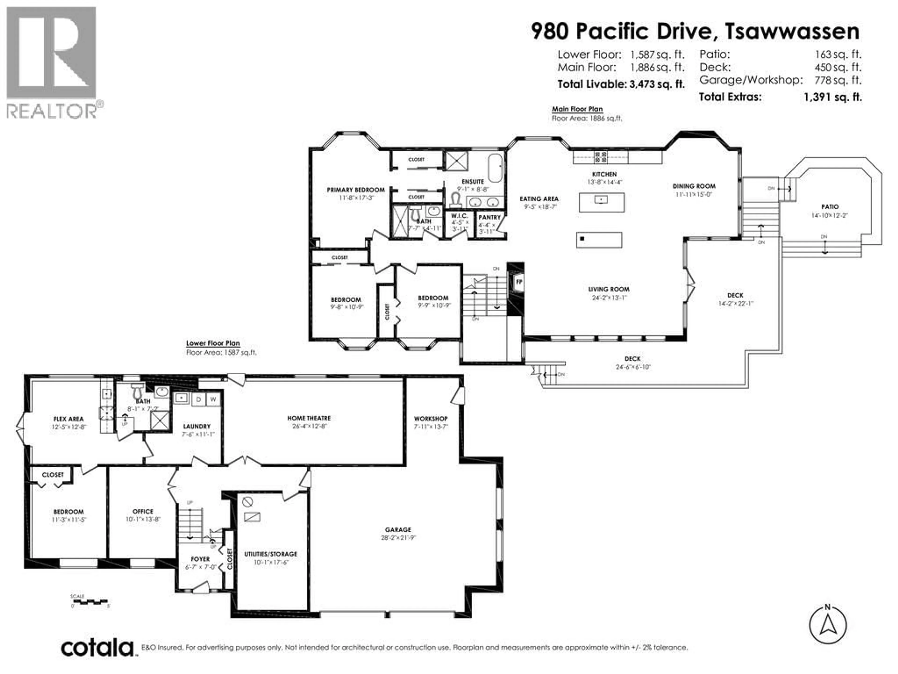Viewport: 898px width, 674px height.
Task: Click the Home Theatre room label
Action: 309,418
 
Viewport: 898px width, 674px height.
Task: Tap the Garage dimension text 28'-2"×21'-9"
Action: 398,538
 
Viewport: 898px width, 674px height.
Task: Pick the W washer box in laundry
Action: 213,399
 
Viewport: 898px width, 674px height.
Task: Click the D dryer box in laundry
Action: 199,399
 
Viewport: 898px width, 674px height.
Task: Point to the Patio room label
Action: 829,207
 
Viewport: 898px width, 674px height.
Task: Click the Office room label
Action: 143,512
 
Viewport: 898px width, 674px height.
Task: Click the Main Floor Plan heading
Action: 577,109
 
